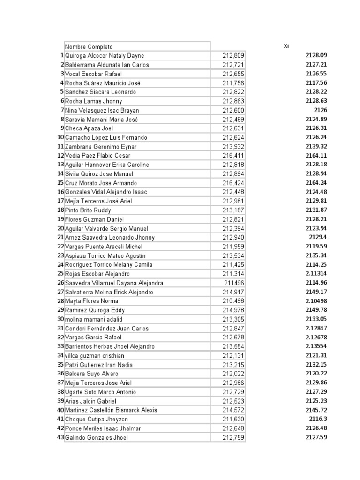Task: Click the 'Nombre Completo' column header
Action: [89, 47]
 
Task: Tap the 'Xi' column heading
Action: [286, 46]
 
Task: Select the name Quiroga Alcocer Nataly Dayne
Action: [105, 56]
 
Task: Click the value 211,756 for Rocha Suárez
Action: [233, 83]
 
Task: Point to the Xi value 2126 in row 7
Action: [320, 110]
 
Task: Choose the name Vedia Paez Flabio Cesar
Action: [97, 156]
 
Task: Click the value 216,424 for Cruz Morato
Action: [233, 183]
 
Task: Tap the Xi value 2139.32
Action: [316, 147]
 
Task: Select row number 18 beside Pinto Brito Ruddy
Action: [60, 210]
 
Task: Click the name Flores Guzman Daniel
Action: [94, 219]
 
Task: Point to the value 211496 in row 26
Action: [234, 283]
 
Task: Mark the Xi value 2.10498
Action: [316, 301]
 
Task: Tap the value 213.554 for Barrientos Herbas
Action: [233, 346]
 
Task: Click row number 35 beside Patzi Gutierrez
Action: [60, 365]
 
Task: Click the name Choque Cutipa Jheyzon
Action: [97, 419]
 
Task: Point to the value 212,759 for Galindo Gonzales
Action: [233, 437]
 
